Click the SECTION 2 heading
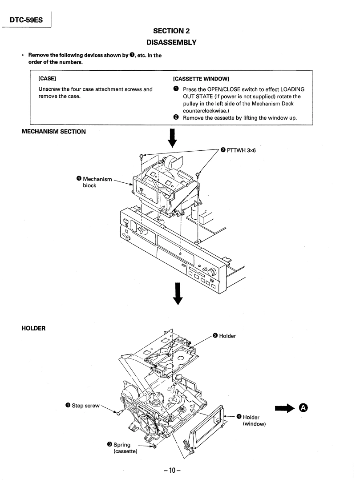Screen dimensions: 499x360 click(x=178, y=31)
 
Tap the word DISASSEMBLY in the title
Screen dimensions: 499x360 click(x=178, y=42)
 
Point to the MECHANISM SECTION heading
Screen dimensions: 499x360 click(x=54, y=132)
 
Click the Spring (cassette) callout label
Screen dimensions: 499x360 click(x=122, y=448)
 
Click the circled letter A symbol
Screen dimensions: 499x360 click(x=304, y=408)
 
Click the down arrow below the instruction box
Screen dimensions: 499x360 click(x=174, y=137)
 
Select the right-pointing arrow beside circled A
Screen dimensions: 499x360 click(x=286, y=408)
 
